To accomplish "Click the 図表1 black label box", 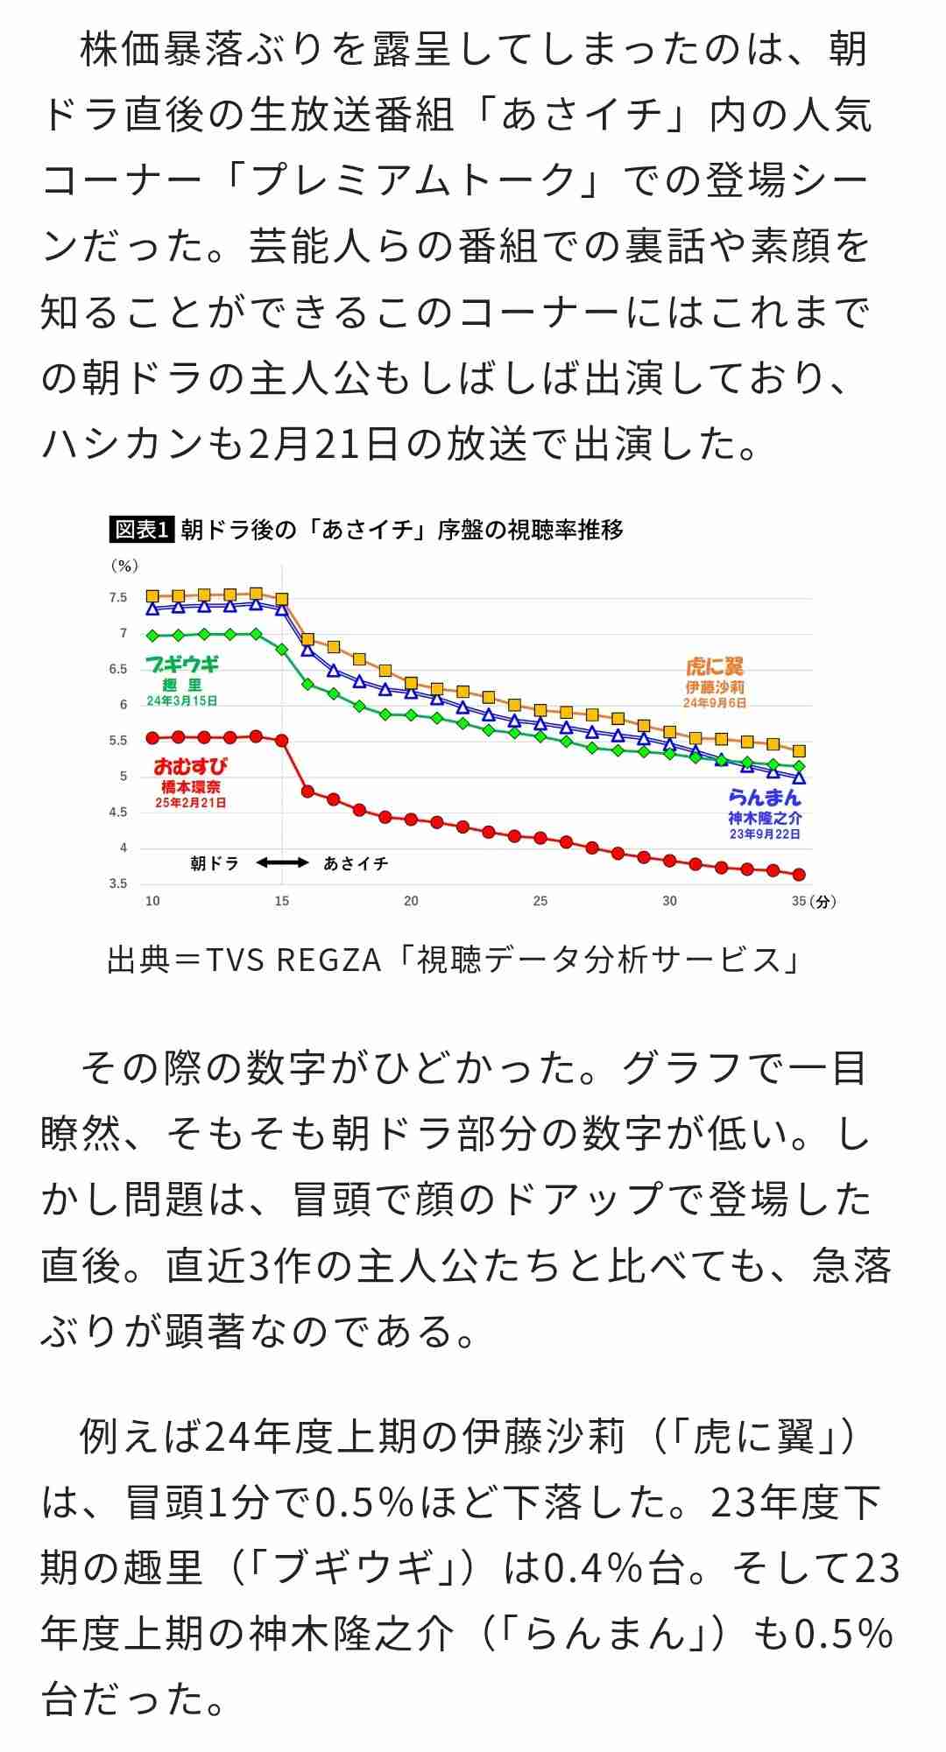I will [142, 530].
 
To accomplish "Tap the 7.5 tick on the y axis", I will [118, 598].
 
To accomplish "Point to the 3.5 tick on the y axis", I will [118, 883].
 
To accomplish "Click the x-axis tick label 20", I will [411, 901].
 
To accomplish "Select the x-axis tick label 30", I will [669, 901].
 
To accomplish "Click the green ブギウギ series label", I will [182, 665].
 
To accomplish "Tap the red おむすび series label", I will [190, 766].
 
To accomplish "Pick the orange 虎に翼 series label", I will [714, 666].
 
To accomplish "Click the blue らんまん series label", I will [765, 797].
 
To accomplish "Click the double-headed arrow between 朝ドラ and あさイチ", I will [282, 863].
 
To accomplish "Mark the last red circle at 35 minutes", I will [798, 874].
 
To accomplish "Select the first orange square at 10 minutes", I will [152, 596].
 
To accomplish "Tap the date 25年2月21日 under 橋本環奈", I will [190, 803].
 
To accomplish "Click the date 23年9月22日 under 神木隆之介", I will [765, 834].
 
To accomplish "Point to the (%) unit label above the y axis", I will [124, 566].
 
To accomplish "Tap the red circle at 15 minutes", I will [282, 740].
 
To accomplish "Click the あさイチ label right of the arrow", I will [356, 863].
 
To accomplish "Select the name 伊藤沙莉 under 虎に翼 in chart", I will [714, 687].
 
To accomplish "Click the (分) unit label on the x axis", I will [822, 902].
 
